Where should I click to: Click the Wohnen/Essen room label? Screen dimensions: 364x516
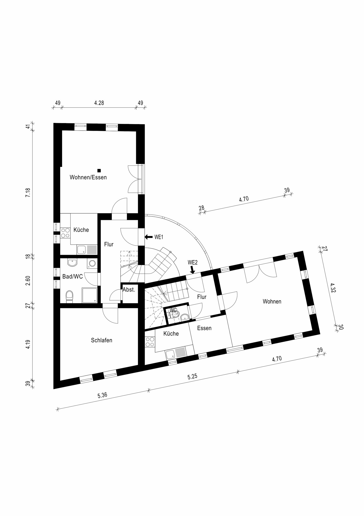(88, 178)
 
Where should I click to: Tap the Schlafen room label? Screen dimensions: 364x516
(101, 340)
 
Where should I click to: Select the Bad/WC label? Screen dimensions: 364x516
(73, 277)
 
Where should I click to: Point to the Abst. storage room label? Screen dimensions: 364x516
(129, 290)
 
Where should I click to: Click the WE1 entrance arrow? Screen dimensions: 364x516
(149, 237)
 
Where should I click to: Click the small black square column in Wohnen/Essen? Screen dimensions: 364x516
(99, 170)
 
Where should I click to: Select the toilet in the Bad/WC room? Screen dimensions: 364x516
(70, 296)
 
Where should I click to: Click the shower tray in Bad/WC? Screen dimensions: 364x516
(90, 295)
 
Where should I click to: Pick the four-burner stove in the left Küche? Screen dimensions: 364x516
(65, 232)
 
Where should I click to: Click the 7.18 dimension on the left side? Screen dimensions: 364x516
(28, 193)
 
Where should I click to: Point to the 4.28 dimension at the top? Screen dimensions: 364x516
(99, 103)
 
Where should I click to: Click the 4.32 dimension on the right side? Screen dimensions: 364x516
(333, 288)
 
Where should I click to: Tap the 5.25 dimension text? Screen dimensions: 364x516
(192, 376)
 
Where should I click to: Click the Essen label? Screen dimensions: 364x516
(204, 328)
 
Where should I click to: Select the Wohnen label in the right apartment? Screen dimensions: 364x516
(272, 301)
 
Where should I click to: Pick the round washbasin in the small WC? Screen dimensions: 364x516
(185, 317)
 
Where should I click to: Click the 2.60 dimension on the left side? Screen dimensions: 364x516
(28, 280)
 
